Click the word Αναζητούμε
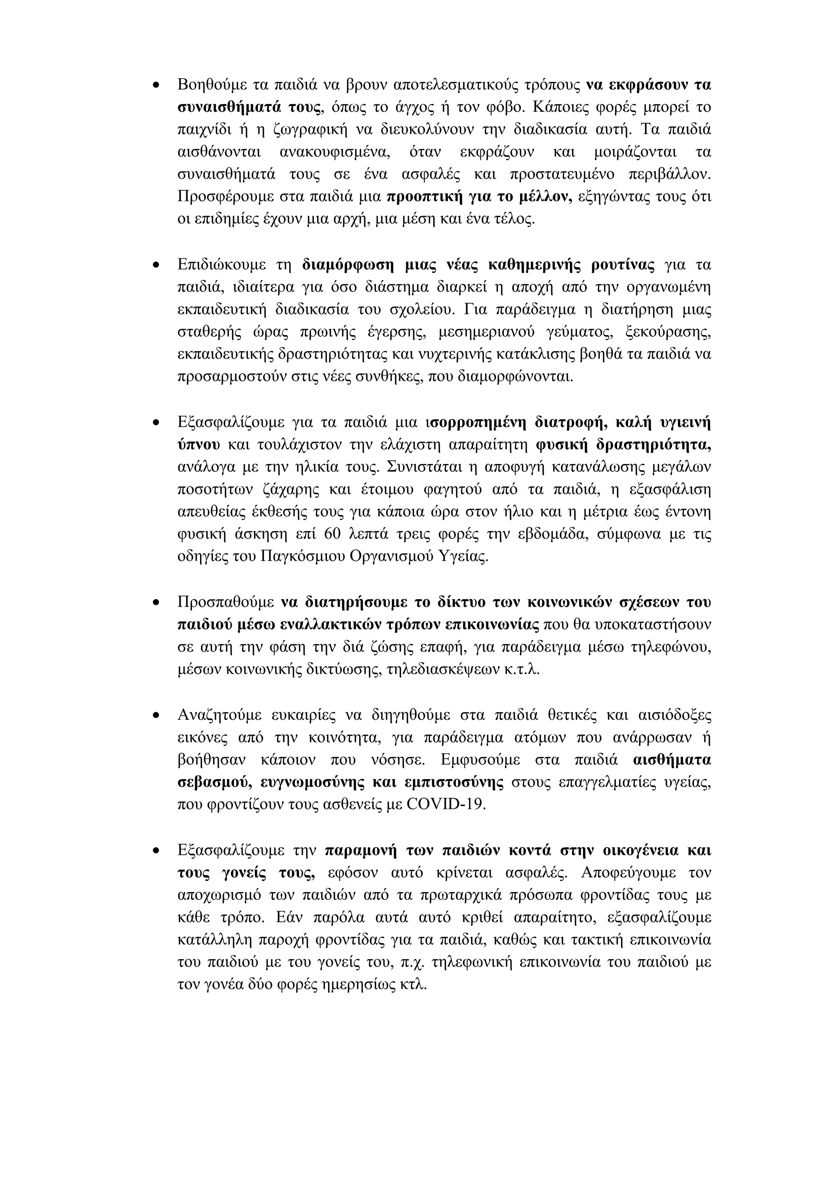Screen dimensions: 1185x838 pos(217,715)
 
